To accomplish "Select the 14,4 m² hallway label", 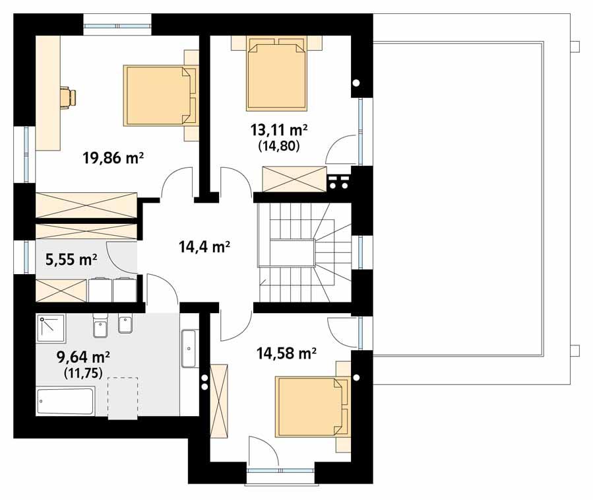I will (204, 247).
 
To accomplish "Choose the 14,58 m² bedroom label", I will (286, 353).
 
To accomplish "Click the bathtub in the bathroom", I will (65, 402).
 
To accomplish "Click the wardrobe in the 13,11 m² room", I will (294, 178).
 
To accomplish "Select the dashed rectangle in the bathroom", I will (123, 398).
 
